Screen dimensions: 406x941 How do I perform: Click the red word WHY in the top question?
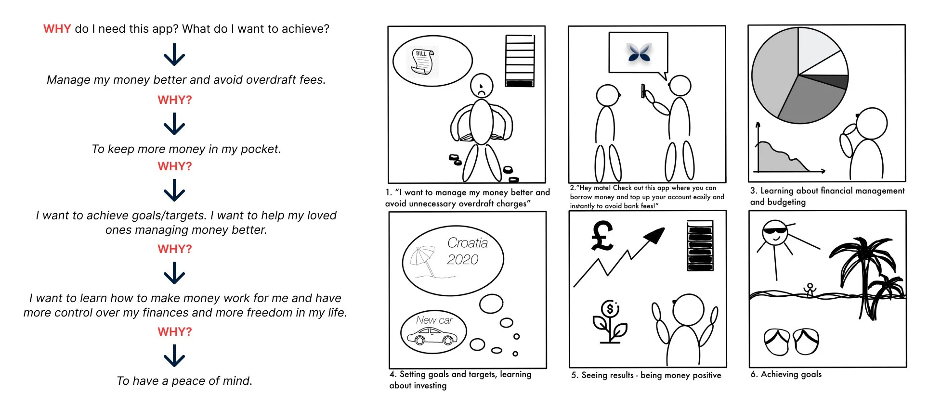click(x=57, y=29)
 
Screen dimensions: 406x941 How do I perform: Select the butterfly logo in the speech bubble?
click(x=639, y=52)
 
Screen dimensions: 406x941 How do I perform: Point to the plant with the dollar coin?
click(x=610, y=321)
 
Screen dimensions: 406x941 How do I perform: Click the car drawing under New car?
click(x=432, y=336)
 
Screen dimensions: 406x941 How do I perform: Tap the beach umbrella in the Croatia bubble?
click(x=423, y=260)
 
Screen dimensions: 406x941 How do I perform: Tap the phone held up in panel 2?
click(x=643, y=90)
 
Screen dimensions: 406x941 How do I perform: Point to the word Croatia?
click(x=467, y=243)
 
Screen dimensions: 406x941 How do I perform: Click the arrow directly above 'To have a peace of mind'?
click(x=174, y=356)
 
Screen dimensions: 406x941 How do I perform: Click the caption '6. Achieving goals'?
click(x=786, y=374)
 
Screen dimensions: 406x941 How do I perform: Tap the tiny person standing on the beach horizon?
click(x=810, y=290)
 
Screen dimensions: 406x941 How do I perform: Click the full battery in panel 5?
click(x=700, y=246)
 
